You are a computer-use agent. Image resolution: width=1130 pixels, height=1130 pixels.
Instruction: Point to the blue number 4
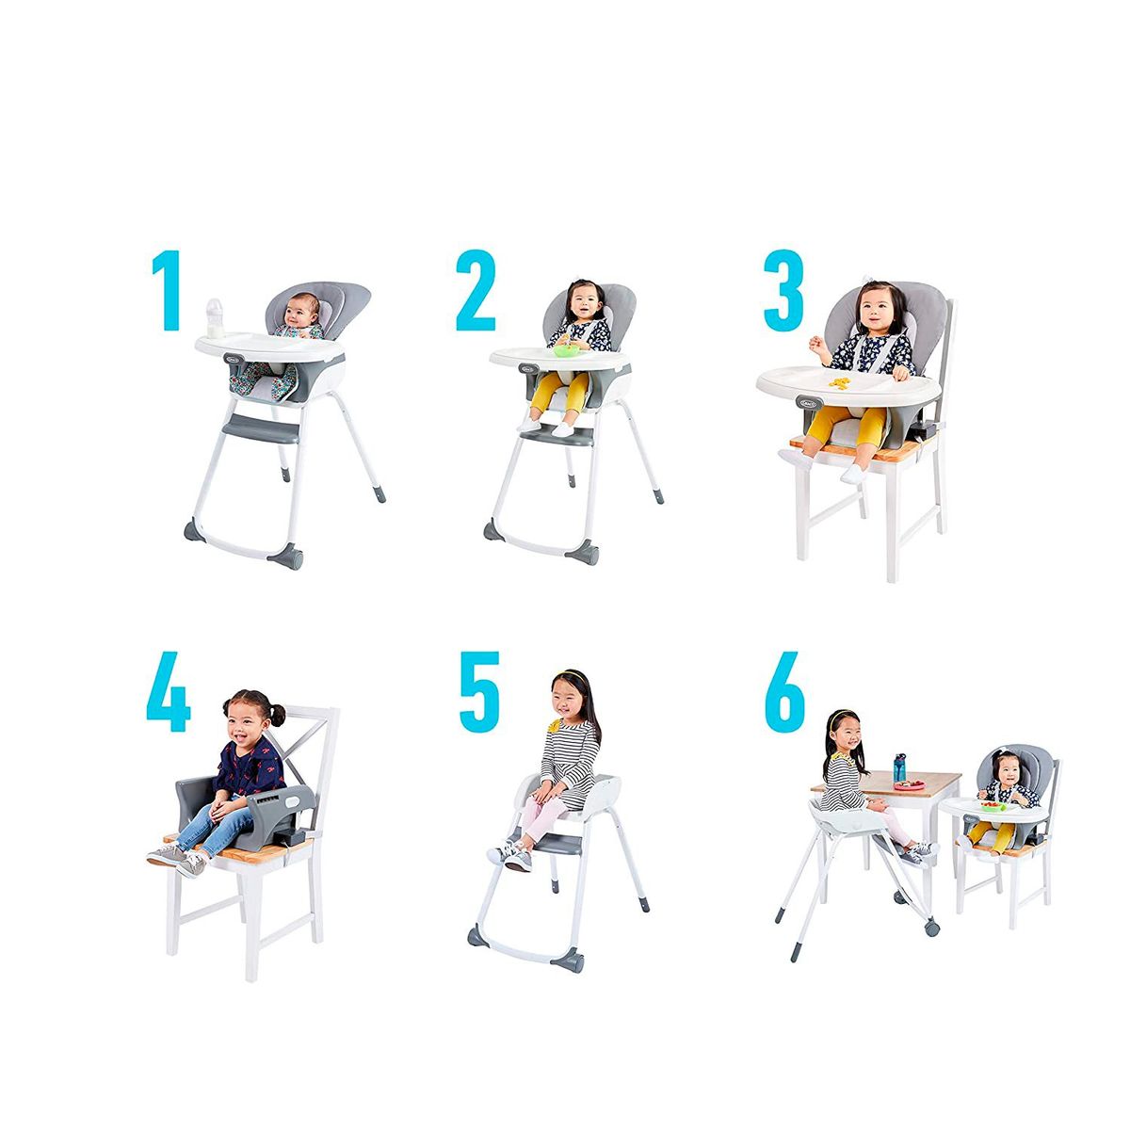click(169, 695)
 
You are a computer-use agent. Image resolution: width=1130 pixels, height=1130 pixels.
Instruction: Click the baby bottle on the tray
click(216, 317)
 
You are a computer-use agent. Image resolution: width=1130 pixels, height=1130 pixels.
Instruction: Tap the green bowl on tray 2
click(565, 351)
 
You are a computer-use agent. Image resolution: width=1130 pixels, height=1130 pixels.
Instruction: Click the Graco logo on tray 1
click(233, 356)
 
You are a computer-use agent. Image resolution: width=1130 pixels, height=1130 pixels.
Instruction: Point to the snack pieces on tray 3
click(839, 381)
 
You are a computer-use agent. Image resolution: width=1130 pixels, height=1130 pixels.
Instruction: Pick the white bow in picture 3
click(865, 285)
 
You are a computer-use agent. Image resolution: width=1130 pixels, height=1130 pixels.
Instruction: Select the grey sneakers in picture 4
click(176, 859)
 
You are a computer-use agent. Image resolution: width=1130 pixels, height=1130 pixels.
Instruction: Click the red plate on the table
click(909, 783)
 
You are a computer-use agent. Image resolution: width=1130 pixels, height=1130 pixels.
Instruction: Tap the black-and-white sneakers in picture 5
click(509, 855)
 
